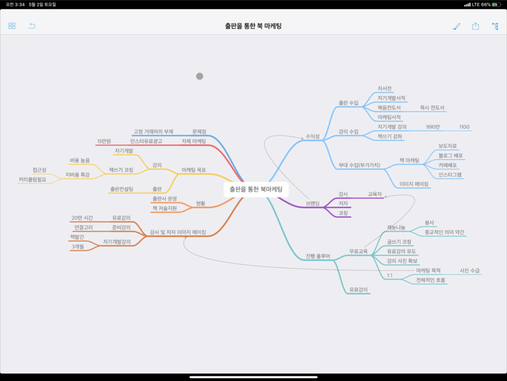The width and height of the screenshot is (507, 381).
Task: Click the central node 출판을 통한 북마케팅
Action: click(x=256, y=189)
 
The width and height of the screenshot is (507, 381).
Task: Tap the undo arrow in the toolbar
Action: click(x=32, y=26)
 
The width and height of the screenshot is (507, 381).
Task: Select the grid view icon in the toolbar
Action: click(x=12, y=26)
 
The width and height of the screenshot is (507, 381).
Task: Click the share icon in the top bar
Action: click(x=476, y=26)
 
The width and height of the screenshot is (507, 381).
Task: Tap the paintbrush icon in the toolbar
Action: click(x=457, y=26)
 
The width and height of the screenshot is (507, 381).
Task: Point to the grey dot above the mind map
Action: click(x=199, y=76)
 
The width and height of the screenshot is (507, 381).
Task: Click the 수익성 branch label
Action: click(x=312, y=137)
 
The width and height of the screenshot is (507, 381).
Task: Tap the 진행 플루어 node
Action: click(x=318, y=256)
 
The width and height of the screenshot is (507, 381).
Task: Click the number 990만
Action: click(x=433, y=127)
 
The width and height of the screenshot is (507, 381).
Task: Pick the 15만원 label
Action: click(x=104, y=141)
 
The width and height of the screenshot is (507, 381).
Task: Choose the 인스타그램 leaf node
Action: click(x=450, y=174)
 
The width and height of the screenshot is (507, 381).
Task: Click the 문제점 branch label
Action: click(x=199, y=131)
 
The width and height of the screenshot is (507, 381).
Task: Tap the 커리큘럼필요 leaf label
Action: click(x=33, y=179)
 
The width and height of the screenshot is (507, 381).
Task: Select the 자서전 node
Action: click(x=385, y=88)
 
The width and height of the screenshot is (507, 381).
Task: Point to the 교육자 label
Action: click(x=375, y=194)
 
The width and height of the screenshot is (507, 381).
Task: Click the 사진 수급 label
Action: click(x=470, y=271)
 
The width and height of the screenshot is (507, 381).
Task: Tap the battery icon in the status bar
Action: click(x=495, y=5)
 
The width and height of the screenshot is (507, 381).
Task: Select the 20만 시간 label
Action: click(x=82, y=218)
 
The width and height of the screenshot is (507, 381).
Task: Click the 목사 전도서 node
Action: click(x=432, y=108)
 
